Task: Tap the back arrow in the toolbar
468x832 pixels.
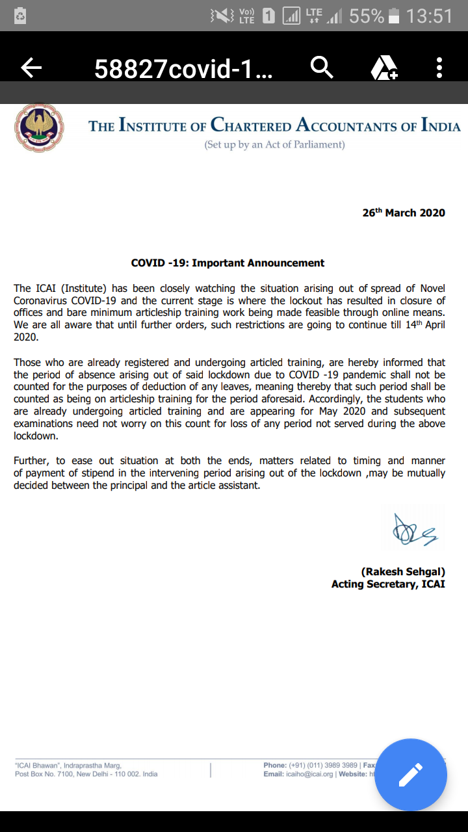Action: pyautogui.click(x=31, y=67)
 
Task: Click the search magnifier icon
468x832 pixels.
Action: pyautogui.click(x=322, y=67)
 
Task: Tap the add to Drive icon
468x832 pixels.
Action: pyautogui.click(x=384, y=68)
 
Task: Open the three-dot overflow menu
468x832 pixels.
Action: pyautogui.click(x=439, y=68)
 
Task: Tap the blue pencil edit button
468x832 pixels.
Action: pyautogui.click(x=411, y=775)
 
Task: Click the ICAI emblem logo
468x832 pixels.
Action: pyautogui.click(x=39, y=127)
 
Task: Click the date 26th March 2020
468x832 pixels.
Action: pyautogui.click(x=404, y=213)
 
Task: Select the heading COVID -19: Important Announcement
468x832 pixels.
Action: pyautogui.click(x=227, y=263)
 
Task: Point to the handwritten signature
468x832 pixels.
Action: pyautogui.click(x=413, y=530)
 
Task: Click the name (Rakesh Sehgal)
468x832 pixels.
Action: pyautogui.click(x=403, y=571)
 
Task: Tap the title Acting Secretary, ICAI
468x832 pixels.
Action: pyautogui.click(x=388, y=584)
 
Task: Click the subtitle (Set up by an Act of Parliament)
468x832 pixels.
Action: pyautogui.click(x=274, y=145)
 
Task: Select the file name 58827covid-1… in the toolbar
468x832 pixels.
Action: pyautogui.click(x=184, y=68)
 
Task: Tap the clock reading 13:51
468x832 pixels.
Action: pyautogui.click(x=429, y=16)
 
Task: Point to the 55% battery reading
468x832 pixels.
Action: pyautogui.click(x=367, y=16)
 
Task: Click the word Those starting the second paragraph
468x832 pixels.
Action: pyautogui.click(x=29, y=362)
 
